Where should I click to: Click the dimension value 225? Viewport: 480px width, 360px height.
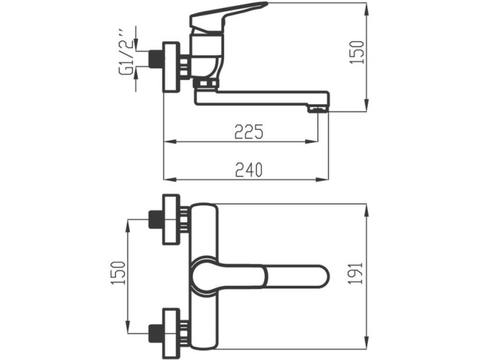[249, 132]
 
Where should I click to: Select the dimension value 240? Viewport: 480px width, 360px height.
[249, 170]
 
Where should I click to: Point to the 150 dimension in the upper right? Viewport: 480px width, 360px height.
[359, 52]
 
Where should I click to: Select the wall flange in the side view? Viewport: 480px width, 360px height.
[170, 66]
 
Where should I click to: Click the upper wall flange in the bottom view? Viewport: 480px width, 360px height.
[170, 219]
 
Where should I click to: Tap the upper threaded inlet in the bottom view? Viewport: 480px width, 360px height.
[155, 219]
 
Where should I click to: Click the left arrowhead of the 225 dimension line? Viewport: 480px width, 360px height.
[167, 141]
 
